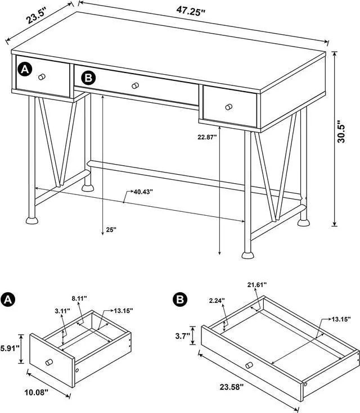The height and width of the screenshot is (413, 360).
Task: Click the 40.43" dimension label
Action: pyautogui.click(x=143, y=192)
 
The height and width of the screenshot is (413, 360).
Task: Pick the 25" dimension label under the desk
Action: pyautogui.click(x=110, y=229)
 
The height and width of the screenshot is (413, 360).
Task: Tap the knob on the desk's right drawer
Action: pyautogui.click(x=228, y=106)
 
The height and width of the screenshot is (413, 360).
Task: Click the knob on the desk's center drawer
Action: pyautogui.click(x=134, y=85)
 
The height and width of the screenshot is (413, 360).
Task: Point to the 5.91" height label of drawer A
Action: pyautogui.click(x=10, y=348)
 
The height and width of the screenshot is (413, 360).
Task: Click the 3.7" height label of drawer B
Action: pyautogui.click(x=182, y=337)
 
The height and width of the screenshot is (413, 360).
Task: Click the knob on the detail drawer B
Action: pyautogui.click(x=247, y=366)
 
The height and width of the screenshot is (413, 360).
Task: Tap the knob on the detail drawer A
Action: pyautogui.click(x=49, y=362)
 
